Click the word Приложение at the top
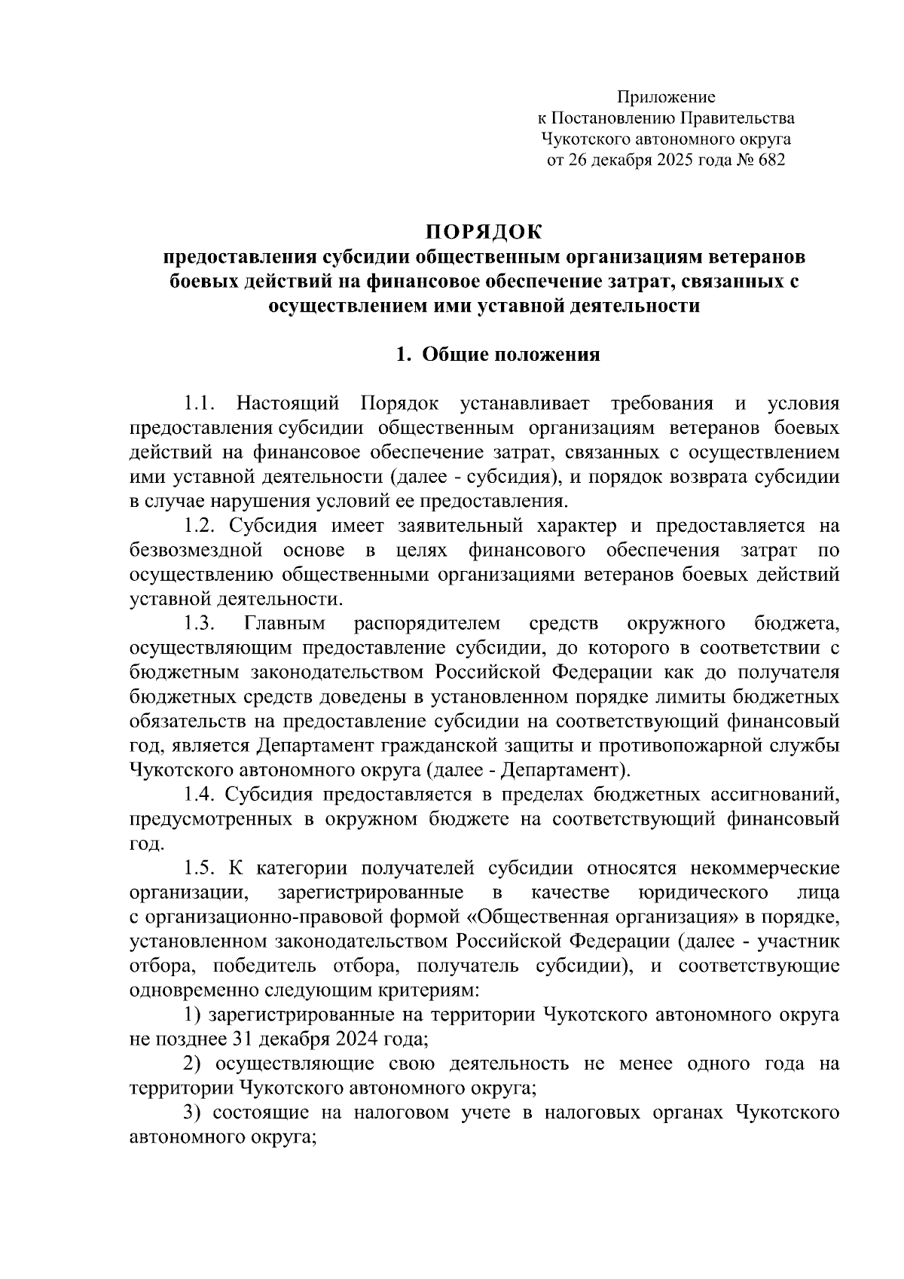click(x=666, y=97)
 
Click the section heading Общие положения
click(x=510, y=355)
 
